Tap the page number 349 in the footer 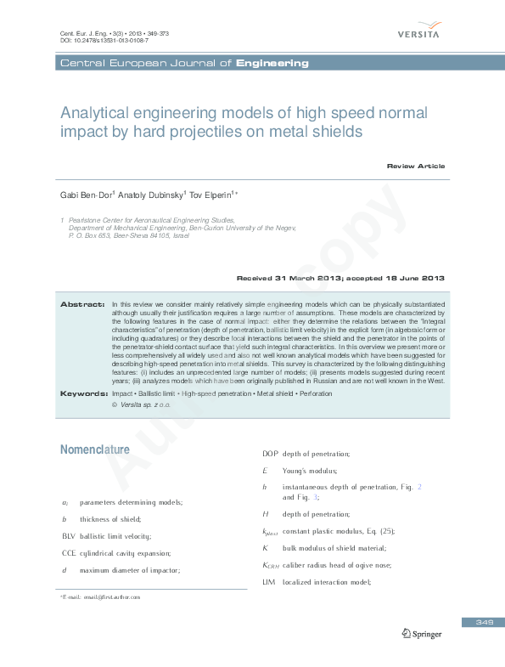484,623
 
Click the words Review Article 415,166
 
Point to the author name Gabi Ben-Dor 84,195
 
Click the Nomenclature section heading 94,449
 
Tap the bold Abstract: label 82,303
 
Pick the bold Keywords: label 82,393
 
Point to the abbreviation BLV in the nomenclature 69,536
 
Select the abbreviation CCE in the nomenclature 69,553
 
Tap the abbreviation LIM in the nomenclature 269,582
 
